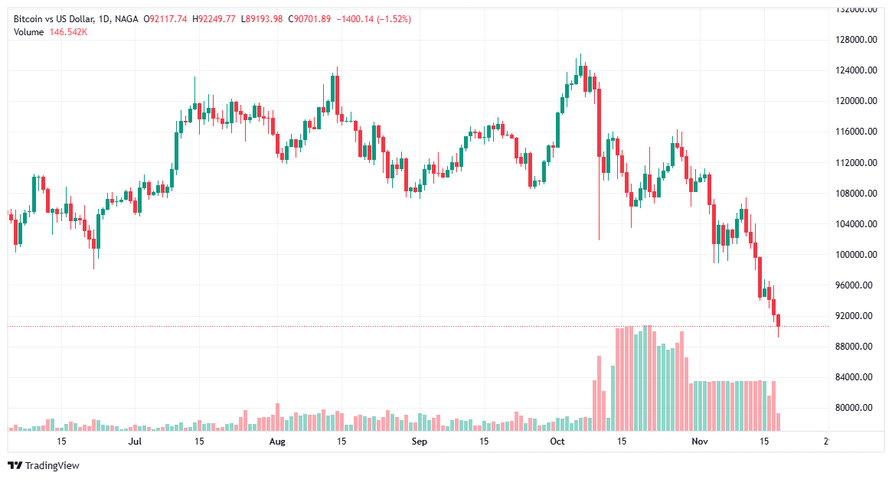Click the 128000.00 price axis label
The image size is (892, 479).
[x=857, y=40]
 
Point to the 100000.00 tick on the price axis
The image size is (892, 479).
[x=857, y=254]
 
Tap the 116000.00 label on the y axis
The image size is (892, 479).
[x=857, y=132]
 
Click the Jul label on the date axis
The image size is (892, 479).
[x=135, y=442]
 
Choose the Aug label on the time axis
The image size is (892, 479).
[x=277, y=442]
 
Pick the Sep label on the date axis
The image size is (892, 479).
[x=418, y=442]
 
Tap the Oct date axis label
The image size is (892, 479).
[x=557, y=442]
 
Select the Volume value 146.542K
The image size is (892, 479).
[x=68, y=31]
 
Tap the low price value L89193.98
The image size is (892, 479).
[x=262, y=19]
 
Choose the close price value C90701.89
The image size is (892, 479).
[x=309, y=19]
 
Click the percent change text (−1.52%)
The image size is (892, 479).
[x=390, y=19]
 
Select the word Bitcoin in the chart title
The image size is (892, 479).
[x=29, y=19]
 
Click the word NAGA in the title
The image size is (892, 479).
[x=126, y=19]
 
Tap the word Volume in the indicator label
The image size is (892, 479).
[x=29, y=31]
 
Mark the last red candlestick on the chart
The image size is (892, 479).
[x=779, y=321]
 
